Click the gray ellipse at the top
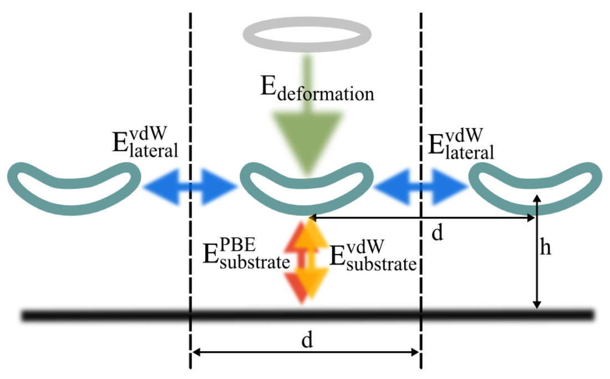[307, 19]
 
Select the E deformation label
[317, 89]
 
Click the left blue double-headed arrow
[190, 187]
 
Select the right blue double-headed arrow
[421, 187]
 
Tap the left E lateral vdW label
[145, 143]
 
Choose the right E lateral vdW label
[461, 144]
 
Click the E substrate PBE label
[246, 254]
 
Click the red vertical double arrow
[299, 261]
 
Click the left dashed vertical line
[190, 191]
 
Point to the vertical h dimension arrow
[537, 252]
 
